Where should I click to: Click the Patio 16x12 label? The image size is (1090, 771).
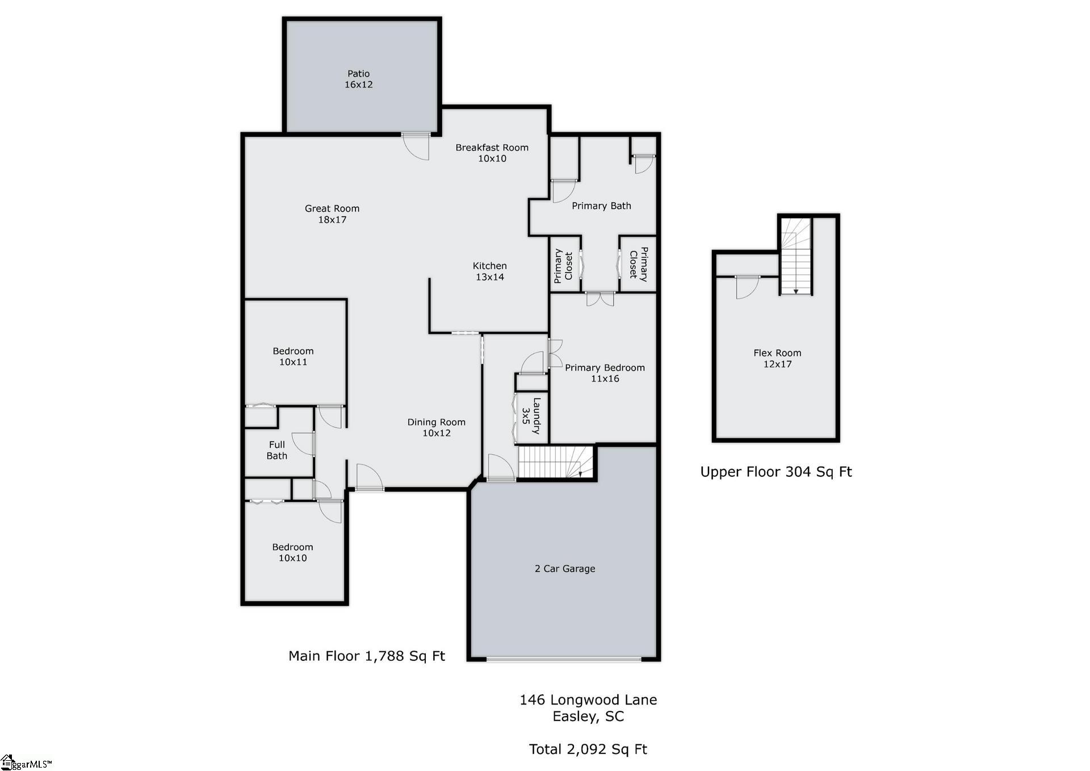tap(358, 79)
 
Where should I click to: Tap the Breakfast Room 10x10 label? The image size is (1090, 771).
tap(492, 153)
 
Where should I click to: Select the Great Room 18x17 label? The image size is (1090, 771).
tap(332, 214)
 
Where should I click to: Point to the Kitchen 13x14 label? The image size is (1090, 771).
tap(489, 271)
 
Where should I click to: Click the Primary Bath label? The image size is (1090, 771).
tap(601, 206)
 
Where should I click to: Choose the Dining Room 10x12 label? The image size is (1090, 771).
tap(436, 428)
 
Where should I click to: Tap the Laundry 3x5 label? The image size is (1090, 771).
tap(531, 416)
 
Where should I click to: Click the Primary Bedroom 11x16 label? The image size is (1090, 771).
tap(605, 373)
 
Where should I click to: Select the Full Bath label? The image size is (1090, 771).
tap(277, 450)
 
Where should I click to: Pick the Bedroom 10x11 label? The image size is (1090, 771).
tap(293, 357)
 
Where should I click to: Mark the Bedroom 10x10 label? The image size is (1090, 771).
tap(292, 552)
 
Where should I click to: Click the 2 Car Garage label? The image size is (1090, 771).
tap(565, 568)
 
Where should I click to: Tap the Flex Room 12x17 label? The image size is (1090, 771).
tap(777, 358)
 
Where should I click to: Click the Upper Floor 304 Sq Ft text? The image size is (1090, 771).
tap(776, 472)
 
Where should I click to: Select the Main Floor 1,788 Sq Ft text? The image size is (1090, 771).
tap(367, 656)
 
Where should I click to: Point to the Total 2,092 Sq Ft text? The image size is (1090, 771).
tap(588, 749)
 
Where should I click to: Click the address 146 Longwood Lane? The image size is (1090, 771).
tap(588, 699)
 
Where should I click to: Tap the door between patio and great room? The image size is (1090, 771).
tap(416, 146)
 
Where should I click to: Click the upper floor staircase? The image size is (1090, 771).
tap(795, 257)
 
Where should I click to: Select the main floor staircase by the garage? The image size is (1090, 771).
tap(556, 462)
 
